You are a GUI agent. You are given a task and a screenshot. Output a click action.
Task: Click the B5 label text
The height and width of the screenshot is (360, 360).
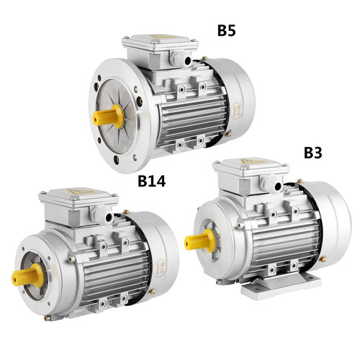point(226,31)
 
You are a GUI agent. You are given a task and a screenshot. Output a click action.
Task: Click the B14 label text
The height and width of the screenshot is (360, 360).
point(152,181)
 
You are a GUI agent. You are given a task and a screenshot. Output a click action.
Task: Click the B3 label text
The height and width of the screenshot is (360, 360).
point(313,153)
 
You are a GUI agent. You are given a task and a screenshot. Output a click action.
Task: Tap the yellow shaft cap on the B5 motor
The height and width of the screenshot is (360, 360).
point(108,116)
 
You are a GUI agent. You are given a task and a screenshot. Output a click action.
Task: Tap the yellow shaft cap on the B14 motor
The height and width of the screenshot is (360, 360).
point(27,275)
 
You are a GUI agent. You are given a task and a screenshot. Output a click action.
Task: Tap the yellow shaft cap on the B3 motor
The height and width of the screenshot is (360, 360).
point(200,240)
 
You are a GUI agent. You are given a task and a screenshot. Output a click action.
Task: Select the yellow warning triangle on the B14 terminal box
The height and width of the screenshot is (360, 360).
point(78,192)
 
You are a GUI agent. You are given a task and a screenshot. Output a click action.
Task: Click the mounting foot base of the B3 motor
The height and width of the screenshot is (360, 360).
point(281,287)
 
